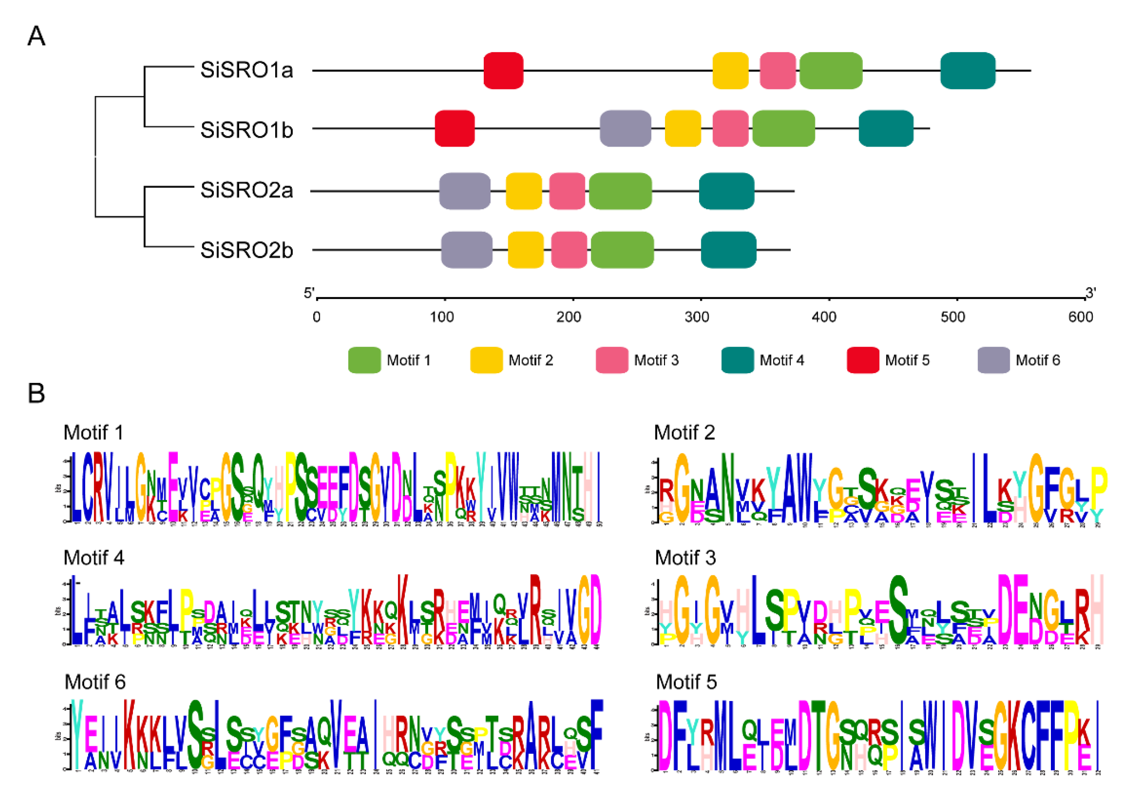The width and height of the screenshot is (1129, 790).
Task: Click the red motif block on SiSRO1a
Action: point(503,70)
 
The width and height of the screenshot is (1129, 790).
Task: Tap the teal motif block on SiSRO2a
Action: point(726,191)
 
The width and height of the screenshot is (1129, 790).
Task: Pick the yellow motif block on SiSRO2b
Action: point(526,250)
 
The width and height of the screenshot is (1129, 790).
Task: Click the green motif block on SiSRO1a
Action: point(831,70)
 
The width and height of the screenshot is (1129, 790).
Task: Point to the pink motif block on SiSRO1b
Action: point(730,128)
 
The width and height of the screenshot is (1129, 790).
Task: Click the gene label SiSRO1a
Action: point(247,70)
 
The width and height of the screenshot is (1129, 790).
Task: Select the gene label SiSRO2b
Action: point(247,251)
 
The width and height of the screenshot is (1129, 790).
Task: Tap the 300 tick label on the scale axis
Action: point(697,317)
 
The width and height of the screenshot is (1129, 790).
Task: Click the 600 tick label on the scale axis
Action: point(1080,317)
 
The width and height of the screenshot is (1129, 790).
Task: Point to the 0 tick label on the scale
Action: point(317,317)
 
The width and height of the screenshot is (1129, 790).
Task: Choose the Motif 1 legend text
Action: point(408,361)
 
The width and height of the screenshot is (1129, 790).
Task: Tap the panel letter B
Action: point(37,394)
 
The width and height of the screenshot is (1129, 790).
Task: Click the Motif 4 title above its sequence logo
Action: point(94,558)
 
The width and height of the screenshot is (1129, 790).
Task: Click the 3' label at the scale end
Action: point(1090,294)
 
